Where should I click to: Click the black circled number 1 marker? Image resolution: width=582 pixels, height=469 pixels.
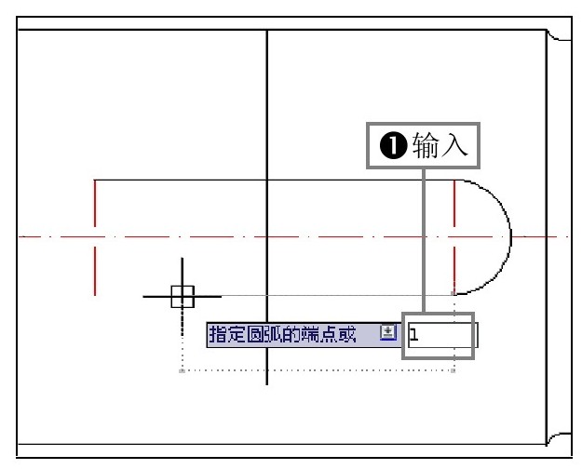click(394, 145)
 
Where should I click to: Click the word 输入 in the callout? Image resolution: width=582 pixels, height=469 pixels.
click(440, 145)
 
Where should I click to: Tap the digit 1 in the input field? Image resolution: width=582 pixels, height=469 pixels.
click(414, 335)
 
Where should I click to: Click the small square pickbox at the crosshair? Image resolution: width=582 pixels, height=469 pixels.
click(183, 297)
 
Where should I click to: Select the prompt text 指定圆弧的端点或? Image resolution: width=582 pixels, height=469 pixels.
click(282, 334)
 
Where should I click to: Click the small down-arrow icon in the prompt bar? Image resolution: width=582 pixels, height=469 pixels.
click(388, 332)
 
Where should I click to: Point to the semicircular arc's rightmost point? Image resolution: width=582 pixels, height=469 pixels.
click(511, 236)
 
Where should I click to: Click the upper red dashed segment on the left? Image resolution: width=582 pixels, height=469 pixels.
click(95, 203)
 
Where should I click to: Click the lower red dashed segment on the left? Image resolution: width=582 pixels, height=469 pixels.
click(95, 271)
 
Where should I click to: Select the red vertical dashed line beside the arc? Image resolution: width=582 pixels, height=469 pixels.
click(454, 236)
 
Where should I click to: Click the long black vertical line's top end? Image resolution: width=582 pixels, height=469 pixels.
click(267, 31)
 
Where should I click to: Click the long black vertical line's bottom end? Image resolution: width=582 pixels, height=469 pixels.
click(267, 384)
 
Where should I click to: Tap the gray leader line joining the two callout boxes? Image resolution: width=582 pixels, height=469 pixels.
click(424, 240)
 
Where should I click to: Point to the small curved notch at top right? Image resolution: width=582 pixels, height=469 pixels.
click(556, 36)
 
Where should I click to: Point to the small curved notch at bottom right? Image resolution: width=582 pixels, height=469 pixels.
click(556, 437)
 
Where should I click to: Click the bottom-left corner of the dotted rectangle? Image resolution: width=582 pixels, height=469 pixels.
click(182, 370)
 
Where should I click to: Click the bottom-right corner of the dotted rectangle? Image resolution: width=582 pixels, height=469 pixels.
click(453, 370)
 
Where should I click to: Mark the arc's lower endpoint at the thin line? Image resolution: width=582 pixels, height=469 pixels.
click(455, 294)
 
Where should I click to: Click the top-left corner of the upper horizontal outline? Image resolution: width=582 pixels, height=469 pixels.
click(95, 180)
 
